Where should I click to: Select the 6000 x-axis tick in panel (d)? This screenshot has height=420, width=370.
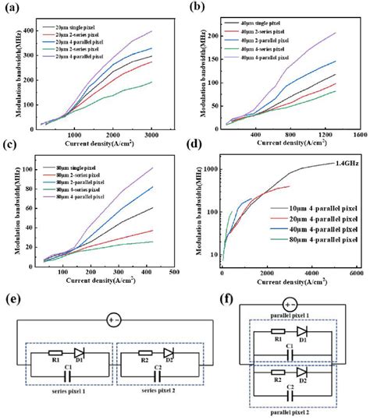pyautogui.click(x=355, y=274)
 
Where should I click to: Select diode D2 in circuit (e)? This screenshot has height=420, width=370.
pyautogui.click(x=169, y=351)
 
